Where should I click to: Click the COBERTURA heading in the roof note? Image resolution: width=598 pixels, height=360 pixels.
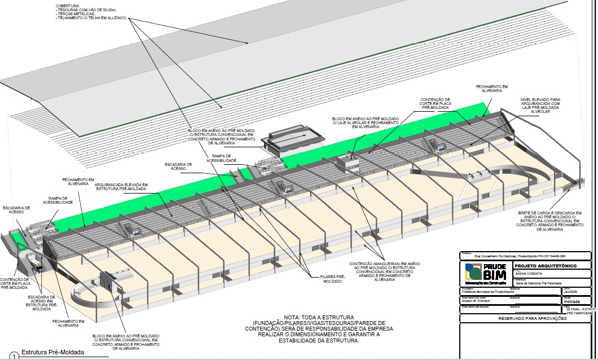tap(67, 5)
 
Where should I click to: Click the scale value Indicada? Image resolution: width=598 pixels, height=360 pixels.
tap(572, 301)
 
